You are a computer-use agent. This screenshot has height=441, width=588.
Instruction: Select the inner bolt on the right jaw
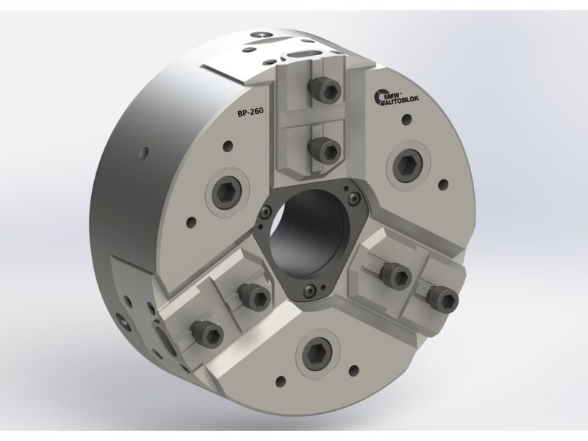coord(394,273)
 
